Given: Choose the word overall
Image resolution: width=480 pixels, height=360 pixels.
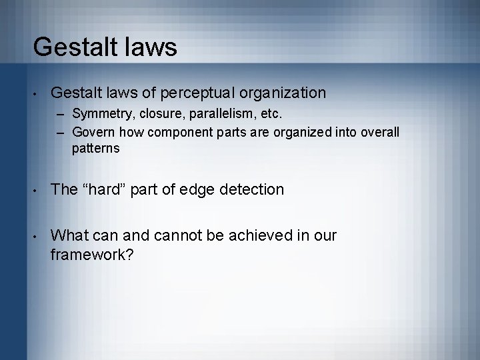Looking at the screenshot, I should pyautogui.click(x=379, y=132).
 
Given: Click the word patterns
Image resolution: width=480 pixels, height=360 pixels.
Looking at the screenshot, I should pyautogui.click(x=96, y=147).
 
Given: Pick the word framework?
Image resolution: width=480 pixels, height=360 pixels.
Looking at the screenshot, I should pyautogui.click(x=93, y=255).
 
